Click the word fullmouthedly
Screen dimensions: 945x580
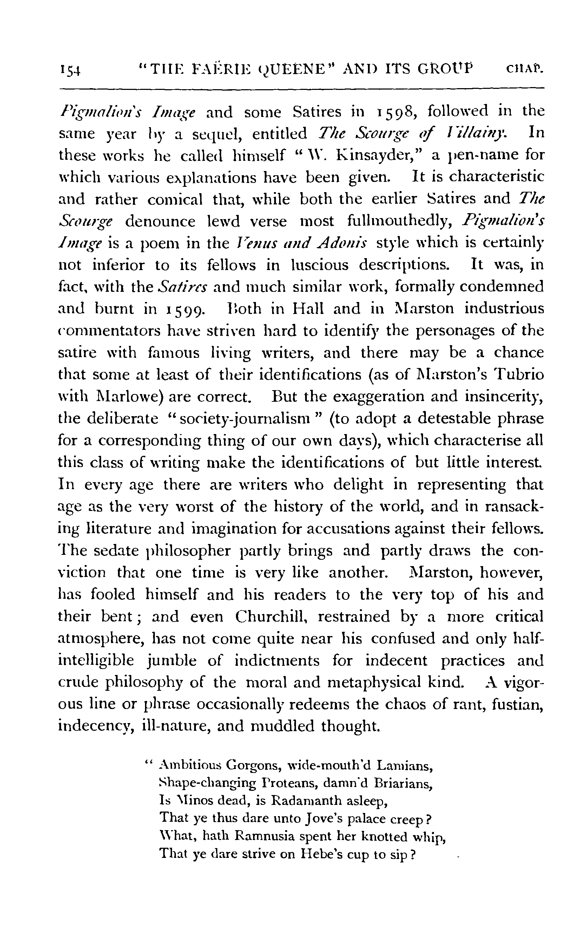(x=399, y=221)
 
